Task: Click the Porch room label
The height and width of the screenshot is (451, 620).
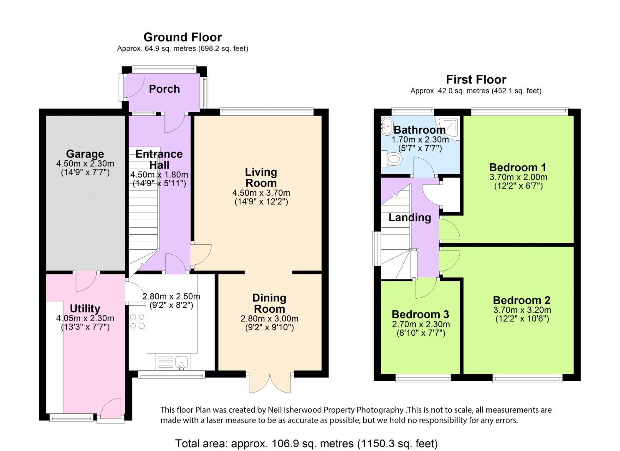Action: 164,89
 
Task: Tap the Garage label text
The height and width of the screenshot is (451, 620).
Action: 85,154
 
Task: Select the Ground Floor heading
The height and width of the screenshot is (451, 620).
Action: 182,37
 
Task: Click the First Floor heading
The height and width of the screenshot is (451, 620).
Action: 476,79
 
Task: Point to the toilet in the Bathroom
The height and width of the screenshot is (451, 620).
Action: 392,159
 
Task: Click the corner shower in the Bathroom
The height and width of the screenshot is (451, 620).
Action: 447,128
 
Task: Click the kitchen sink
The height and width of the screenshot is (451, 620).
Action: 182,363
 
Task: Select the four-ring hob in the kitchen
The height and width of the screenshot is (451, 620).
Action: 137,321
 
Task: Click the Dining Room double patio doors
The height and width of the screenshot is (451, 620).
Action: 270,383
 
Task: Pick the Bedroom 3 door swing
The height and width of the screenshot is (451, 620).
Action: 426,288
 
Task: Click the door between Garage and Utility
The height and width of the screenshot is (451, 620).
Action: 86,281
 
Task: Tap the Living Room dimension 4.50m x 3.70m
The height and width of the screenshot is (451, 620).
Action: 261,193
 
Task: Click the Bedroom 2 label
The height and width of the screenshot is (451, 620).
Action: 521,300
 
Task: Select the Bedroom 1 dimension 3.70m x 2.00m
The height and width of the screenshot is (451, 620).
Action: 518,177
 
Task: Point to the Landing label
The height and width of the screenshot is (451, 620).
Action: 410,218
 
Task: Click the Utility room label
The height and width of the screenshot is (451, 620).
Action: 85,309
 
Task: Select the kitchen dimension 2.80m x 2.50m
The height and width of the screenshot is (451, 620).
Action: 171,296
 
